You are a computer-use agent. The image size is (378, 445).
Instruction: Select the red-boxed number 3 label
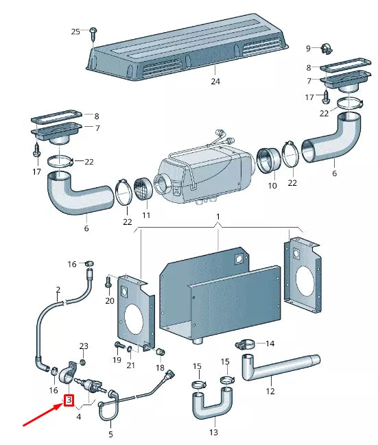(x=69, y=400)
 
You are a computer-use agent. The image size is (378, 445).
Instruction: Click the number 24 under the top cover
(x=215, y=81)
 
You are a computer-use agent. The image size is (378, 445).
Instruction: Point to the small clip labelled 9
(x=326, y=48)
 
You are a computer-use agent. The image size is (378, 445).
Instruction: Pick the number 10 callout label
(x=272, y=186)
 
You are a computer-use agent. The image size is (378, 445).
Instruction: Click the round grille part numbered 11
(x=145, y=189)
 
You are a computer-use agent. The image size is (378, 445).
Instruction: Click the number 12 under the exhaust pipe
(x=270, y=392)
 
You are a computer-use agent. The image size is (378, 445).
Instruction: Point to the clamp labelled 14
(x=245, y=344)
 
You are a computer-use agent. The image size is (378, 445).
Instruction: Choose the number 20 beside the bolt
(x=110, y=301)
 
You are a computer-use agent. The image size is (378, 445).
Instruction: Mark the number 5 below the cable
(x=110, y=434)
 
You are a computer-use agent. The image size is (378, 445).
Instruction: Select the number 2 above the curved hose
(x=58, y=290)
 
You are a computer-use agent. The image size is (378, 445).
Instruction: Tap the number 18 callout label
(x=160, y=368)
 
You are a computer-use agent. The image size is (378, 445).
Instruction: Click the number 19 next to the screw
(x=116, y=359)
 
